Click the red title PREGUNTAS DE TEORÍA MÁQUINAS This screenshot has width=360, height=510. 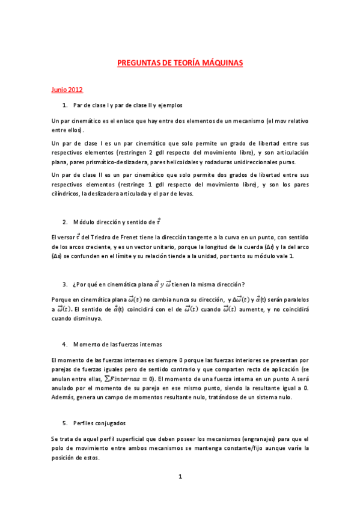coord(180,62)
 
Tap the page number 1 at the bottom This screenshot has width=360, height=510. coord(180,476)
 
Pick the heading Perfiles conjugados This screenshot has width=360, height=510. coord(99,423)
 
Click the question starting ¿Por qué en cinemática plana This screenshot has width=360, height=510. coord(159,284)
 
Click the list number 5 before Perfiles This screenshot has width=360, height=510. coord(64,423)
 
